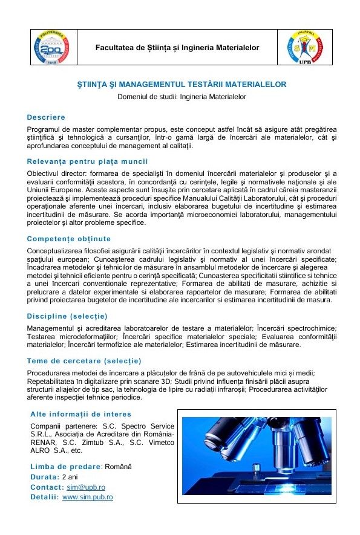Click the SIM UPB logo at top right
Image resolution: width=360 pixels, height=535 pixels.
tap(309, 48)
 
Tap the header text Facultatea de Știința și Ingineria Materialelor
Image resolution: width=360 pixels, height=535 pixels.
tap(177, 48)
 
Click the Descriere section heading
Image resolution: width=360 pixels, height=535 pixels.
tap(46, 117)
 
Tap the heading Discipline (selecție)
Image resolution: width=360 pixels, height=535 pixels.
tap(67, 316)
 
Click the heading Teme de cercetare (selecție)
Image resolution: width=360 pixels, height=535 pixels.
tap(84, 361)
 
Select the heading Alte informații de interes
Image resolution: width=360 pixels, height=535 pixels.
tap(80, 414)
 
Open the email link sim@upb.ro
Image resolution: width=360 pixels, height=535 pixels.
tap(86, 487)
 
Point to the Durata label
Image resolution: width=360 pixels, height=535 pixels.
tap(44, 477)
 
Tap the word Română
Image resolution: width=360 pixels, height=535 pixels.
tap(119, 467)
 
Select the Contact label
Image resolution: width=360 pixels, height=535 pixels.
tap(47, 487)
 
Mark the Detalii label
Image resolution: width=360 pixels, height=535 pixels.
tap(44, 497)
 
